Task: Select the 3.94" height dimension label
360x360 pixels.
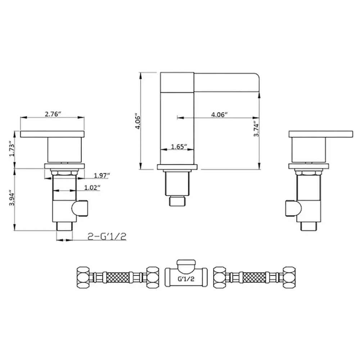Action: [x=12, y=198]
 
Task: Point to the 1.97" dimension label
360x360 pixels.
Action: [x=102, y=175]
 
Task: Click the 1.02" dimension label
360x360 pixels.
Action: [x=92, y=188]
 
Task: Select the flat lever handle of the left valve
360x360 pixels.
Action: [x=53, y=134]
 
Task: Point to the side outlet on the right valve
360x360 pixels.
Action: [x=291, y=208]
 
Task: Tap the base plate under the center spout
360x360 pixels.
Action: [x=177, y=167]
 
